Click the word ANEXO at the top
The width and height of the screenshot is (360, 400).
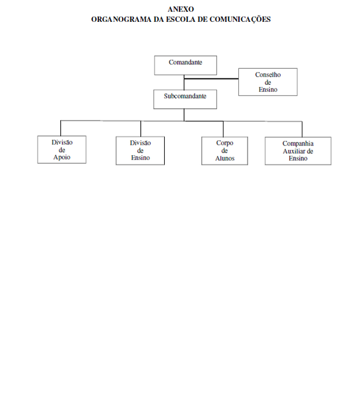pyautogui.click(x=181, y=9)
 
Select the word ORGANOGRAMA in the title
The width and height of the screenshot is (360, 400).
pyautogui.click(x=121, y=19)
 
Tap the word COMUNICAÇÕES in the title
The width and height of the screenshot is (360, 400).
pyautogui.click(x=240, y=20)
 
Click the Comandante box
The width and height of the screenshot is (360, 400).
pyautogui.click(x=186, y=65)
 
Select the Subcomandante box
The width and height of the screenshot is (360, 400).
pyautogui.click(x=185, y=99)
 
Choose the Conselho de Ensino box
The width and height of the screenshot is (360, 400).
pyautogui.click(x=268, y=82)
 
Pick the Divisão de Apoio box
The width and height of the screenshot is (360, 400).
pyautogui.click(x=62, y=149)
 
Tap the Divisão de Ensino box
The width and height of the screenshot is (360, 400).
pyautogui.click(x=140, y=150)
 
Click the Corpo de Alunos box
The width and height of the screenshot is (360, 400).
pyautogui.click(x=225, y=151)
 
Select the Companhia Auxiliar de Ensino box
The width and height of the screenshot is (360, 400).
pyautogui.click(x=298, y=151)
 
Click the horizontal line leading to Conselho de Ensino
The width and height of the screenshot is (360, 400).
pyautogui.click(x=211, y=79)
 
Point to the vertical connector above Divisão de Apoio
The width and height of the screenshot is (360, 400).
pyautogui.click(x=60, y=128)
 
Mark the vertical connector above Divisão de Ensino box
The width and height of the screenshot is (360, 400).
pyautogui.click(x=141, y=129)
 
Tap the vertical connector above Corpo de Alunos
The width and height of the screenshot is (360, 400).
pyautogui.click(x=223, y=129)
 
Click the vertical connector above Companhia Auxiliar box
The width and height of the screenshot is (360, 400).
pyautogui.click(x=302, y=129)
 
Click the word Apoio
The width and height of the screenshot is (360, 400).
pyautogui.click(x=62, y=157)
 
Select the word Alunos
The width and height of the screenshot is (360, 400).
pyautogui.click(x=225, y=158)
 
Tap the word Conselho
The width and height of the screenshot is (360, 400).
pyautogui.click(x=268, y=75)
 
